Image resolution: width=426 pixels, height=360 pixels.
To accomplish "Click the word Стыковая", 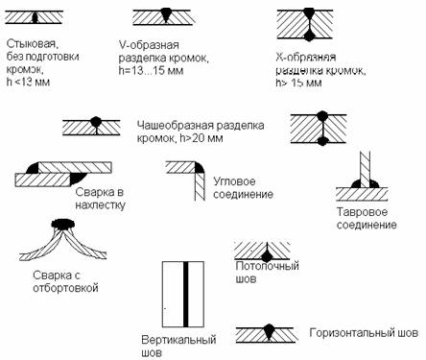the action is point(34,43).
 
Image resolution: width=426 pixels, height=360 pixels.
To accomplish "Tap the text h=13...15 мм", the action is point(151,71).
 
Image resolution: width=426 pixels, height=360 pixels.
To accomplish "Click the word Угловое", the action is point(234,181).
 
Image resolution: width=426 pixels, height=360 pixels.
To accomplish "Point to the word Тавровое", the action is point(362,212).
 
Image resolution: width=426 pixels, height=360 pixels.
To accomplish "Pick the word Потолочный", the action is point(268,266).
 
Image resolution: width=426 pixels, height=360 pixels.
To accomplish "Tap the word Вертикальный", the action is point(178,340).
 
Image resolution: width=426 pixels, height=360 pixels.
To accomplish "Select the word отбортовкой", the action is point(65,288).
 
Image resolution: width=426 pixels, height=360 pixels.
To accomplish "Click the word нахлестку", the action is point(100,205).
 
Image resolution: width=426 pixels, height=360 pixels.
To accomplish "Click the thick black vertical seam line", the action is point(185,294).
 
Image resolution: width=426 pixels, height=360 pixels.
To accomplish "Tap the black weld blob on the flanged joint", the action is point(62,224).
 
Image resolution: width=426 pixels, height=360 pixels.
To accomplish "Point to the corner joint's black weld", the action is point(200,167).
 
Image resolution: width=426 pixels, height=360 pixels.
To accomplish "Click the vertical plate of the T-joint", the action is point(365,169).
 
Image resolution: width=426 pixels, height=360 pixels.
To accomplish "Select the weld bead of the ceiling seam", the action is point(266,254).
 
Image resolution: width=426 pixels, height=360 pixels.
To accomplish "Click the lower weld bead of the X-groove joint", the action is point(309,35).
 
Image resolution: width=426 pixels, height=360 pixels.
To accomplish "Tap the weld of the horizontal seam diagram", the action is point(269,331).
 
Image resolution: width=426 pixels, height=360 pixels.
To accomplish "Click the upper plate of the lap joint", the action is point(75,168).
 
